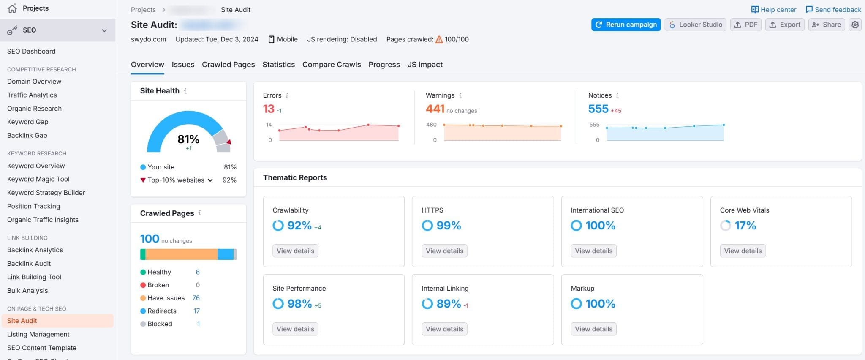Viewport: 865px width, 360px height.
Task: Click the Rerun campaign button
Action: click(626, 25)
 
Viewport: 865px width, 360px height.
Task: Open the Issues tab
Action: click(183, 65)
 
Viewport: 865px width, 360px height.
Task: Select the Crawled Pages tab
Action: click(228, 65)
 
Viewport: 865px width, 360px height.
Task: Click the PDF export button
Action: click(746, 25)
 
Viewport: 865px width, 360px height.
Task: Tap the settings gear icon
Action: click(855, 25)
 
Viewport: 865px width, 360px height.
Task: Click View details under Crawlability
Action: click(295, 251)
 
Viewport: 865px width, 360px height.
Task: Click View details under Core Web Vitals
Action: click(743, 251)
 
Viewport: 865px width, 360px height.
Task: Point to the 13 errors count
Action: click(269, 109)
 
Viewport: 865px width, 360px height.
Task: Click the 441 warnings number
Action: click(435, 109)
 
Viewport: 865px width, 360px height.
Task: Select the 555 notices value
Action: click(598, 109)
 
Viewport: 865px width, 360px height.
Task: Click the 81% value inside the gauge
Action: click(188, 139)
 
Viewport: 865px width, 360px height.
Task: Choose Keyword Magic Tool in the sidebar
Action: click(38, 179)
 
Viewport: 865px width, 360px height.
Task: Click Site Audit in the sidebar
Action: click(22, 321)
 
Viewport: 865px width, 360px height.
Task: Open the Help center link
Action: click(774, 9)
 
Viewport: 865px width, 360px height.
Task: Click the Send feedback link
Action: click(833, 9)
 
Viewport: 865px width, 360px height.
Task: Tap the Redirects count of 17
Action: click(196, 311)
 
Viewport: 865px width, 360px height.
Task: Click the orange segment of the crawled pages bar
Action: click(182, 254)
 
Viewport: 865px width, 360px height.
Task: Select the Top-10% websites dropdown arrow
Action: click(210, 180)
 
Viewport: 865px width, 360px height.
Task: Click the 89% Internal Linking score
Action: click(449, 304)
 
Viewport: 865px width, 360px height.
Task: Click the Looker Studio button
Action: click(696, 25)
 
